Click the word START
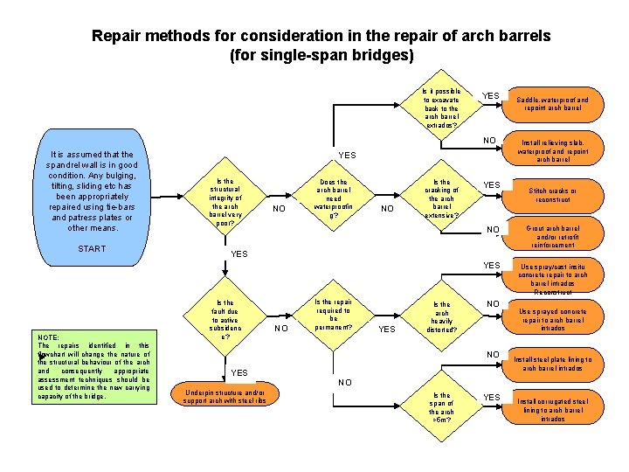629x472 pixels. click(92, 249)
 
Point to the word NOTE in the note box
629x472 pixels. click(48, 337)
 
